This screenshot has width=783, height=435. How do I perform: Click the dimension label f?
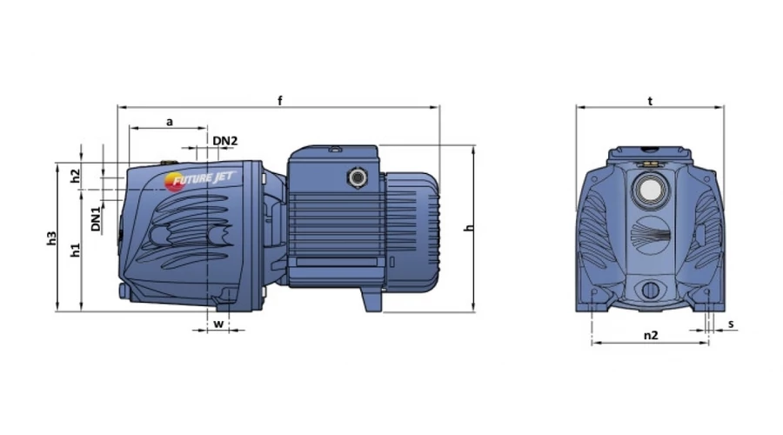[x=280, y=101]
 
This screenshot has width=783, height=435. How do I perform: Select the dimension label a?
[x=170, y=122]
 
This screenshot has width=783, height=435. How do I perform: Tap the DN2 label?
[x=225, y=141]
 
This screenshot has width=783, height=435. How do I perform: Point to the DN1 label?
[x=96, y=219]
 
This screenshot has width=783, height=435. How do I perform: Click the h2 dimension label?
[x=75, y=176]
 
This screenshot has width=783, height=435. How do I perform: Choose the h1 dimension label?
[x=75, y=251]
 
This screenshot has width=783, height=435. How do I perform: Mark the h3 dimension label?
[x=51, y=238]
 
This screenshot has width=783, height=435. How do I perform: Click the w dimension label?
[x=218, y=324]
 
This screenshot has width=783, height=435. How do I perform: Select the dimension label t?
[x=650, y=101]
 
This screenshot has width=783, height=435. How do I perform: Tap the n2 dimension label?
[x=651, y=335]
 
